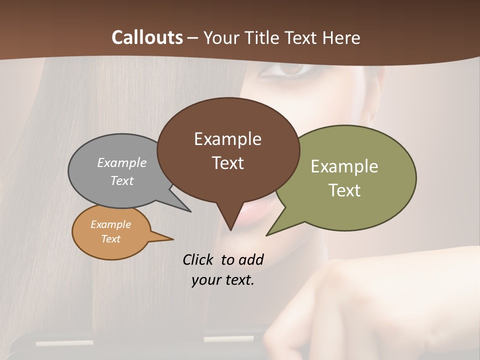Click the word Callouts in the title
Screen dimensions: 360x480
click(x=147, y=37)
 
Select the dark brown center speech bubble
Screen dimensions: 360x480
click(x=228, y=150)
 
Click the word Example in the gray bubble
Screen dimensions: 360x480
click(x=122, y=162)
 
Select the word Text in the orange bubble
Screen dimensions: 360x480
click(x=111, y=239)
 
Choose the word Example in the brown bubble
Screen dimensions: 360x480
click(x=227, y=139)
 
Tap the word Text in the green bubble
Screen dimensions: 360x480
click(x=345, y=190)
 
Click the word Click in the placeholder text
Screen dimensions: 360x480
click(x=199, y=259)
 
